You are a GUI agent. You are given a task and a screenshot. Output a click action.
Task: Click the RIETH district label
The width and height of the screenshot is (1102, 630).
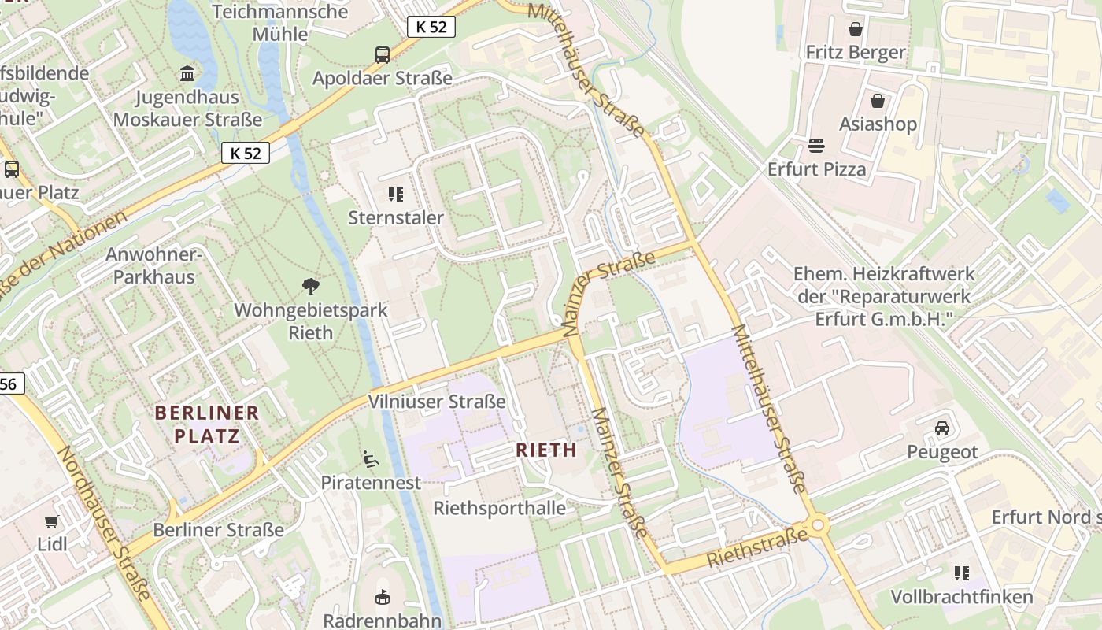pyautogui.click(x=546, y=450)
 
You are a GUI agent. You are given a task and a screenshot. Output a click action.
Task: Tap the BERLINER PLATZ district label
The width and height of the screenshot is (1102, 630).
pyautogui.click(x=207, y=424)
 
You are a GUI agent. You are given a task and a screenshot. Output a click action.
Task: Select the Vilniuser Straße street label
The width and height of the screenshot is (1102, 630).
pyautogui.click(x=437, y=402)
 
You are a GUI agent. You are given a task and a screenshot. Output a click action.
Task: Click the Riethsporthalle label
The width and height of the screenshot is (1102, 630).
pyautogui.click(x=499, y=508)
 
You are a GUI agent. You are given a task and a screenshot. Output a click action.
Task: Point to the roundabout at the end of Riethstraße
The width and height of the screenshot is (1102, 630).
pyautogui.click(x=818, y=524)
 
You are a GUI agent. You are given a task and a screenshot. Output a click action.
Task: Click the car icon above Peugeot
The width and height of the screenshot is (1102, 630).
pyautogui.click(x=942, y=428)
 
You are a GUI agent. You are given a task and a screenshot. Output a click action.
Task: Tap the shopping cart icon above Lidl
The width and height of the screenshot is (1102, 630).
pyautogui.click(x=52, y=521)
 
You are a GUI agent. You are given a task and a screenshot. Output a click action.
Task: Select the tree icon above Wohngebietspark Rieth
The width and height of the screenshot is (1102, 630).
pyautogui.click(x=311, y=287)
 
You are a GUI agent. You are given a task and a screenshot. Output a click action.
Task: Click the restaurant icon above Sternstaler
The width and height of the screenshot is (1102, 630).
pyautogui.click(x=396, y=195)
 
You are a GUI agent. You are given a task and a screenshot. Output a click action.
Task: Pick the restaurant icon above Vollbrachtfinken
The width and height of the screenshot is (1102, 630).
pyautogui.click(x=961, y=573)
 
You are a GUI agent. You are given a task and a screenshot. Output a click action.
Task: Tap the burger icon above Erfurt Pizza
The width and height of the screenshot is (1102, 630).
pyautogui.click(x=816, y=146)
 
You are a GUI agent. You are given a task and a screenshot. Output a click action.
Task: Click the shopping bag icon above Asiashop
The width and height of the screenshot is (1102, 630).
pyautogui.click(x=878, y=101)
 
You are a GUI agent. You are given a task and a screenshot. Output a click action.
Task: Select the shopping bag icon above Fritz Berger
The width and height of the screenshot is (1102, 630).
pyautogui.click(x=856, y=29)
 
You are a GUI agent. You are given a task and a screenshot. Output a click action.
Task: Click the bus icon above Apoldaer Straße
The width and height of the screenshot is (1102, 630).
pyautogui.click(x=383, y=54)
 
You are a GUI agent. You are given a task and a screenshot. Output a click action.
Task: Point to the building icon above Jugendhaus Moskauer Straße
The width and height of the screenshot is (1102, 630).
pyautogui.click(x=187, y=74)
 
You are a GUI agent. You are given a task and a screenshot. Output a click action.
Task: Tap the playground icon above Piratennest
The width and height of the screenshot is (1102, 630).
pyautogui.click(x=370, y=458)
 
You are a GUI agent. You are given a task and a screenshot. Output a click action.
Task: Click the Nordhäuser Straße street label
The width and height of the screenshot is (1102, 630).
pyautogui.click(x=104, y=523)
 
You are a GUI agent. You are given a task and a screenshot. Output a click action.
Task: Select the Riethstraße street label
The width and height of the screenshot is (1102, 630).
pyautogui.click(x=757, y=548)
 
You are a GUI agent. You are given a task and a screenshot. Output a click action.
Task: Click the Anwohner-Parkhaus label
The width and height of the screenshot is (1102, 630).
pyautogui.click(x=154, y=265)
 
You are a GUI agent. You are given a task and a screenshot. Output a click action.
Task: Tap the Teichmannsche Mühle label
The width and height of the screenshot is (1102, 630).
pyautogui.click(x=279, y=23)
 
